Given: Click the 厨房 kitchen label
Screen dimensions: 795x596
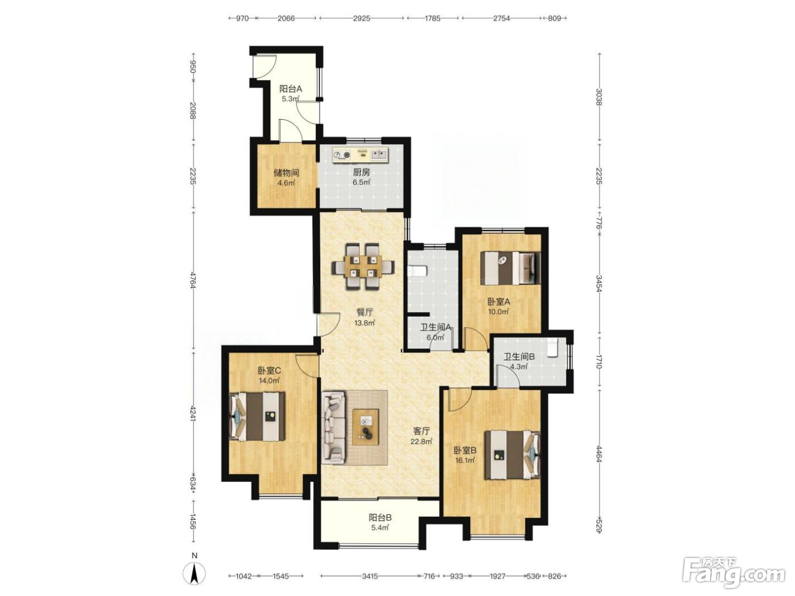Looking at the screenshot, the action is coord(362,172).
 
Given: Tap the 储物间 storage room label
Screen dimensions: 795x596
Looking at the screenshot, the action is coord(286,173).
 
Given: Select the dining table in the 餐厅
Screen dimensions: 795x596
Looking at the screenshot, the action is coord(363,267).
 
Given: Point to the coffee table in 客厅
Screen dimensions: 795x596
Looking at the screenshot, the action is coord(366,427).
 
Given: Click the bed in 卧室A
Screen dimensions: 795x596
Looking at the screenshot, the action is coord(510,268).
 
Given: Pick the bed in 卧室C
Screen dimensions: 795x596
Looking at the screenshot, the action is coord(257,416).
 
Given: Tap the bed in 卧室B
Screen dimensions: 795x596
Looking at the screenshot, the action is coord(512,455).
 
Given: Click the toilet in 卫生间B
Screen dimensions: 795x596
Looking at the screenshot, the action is coord(553,348).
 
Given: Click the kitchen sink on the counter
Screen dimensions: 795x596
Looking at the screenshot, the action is coord(379,155).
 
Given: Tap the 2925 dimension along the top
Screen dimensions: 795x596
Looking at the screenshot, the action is coord(362,18).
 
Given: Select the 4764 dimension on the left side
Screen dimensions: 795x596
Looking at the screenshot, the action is coord(193,279).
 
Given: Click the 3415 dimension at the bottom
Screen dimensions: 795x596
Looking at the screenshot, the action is coord(370,576).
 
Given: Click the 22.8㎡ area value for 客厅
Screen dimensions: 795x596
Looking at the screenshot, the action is coord(421,441).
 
